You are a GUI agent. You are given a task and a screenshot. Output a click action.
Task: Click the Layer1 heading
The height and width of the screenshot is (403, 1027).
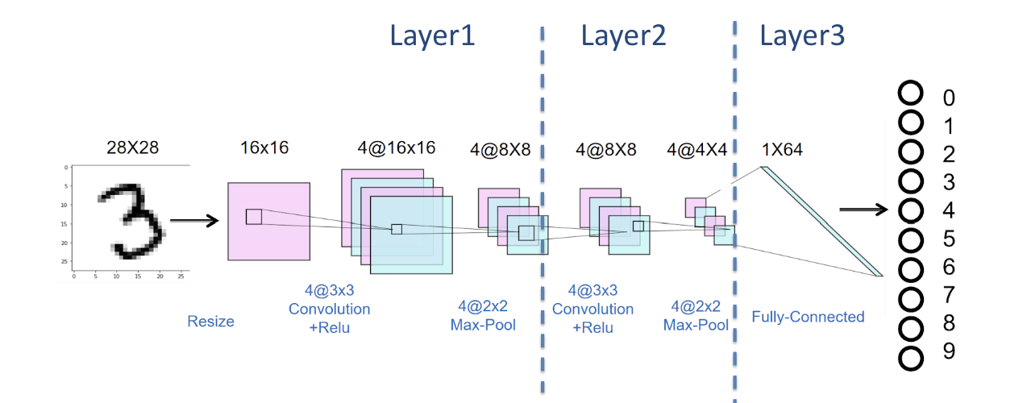point(432,36)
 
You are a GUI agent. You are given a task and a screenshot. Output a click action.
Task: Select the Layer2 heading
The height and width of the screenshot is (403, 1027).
point(623,36)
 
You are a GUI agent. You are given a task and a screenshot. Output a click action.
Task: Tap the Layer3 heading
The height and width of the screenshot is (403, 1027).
point(801,36)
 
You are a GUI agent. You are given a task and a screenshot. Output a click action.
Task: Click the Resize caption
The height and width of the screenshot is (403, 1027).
point(210,322)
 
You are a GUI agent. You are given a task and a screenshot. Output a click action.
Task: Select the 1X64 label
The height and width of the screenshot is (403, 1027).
point(781,149)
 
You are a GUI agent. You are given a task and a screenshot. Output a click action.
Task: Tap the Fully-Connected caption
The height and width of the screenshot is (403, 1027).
point(808,317)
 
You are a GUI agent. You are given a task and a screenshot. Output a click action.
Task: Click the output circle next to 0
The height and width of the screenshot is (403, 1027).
point(910,93)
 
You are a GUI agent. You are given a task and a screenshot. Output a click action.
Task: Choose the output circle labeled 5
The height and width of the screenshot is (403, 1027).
point(910,239)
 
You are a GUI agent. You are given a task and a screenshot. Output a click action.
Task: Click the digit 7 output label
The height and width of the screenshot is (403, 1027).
point(949,297)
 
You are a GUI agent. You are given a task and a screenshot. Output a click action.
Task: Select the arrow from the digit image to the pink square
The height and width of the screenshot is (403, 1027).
point(194,220)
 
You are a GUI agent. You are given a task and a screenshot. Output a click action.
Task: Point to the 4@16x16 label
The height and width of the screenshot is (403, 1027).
point(397,148)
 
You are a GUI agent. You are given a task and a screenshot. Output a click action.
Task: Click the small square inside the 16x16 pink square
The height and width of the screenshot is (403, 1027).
point(254,216)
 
